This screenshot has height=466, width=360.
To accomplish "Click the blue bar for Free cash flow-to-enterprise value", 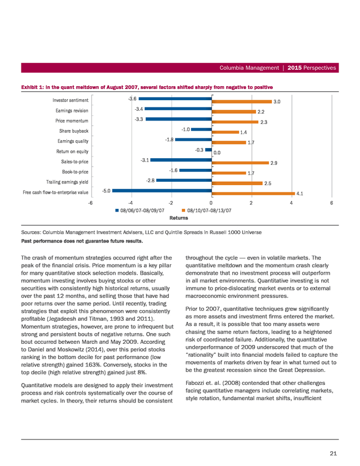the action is [162, 191].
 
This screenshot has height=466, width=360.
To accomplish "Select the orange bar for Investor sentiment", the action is [242, 102].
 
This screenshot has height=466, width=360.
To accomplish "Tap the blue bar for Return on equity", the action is [209, 150].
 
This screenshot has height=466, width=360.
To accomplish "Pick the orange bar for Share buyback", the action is [226, 132].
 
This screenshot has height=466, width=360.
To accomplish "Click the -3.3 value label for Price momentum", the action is [139, 119].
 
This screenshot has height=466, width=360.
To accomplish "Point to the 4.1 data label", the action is [300, 194].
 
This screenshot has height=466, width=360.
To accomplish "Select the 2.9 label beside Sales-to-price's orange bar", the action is [273, 163].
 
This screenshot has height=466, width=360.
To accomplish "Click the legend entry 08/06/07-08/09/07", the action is [140, 210].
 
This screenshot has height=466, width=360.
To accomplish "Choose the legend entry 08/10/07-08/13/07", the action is [207, 210].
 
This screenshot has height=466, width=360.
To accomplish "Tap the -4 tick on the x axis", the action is [130, 203].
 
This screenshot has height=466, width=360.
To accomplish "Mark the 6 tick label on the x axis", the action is [331, 203].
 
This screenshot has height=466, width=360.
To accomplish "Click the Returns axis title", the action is [179, 218].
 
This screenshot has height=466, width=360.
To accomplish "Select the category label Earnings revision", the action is [72, 110].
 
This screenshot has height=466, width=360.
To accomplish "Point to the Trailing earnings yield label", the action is [67, 182].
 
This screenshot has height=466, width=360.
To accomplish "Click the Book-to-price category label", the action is [75, 172].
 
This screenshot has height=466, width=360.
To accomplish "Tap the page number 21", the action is [333, 453].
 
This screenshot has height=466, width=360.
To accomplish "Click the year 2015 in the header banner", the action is [295, 68].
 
